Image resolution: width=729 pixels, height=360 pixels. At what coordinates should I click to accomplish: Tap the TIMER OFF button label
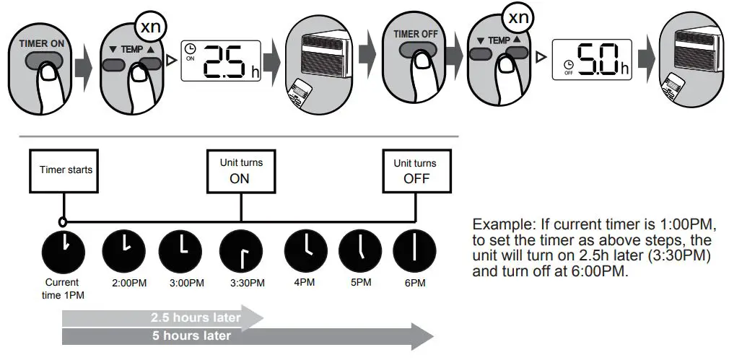pos(416,34)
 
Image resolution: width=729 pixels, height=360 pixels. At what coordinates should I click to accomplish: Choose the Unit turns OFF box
pos(416,170)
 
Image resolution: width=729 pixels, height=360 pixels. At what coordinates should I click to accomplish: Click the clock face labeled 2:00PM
pos(123,250)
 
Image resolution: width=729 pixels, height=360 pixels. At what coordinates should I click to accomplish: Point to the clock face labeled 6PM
pos(414,250)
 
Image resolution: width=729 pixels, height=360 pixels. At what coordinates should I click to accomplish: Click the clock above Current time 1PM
pos(63,250)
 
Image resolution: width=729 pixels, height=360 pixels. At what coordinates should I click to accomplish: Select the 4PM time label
pos(305,282)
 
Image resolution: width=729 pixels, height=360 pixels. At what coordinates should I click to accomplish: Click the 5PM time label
pos(361,282)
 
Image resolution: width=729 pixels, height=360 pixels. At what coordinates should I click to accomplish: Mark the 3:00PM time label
pos(183,283)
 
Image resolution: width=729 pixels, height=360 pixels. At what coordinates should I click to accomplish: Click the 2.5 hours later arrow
pos(162,317)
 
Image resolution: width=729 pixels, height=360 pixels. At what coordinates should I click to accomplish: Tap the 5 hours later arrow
pos(245,335)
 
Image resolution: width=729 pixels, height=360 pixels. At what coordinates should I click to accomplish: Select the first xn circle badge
pos(150,27)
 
